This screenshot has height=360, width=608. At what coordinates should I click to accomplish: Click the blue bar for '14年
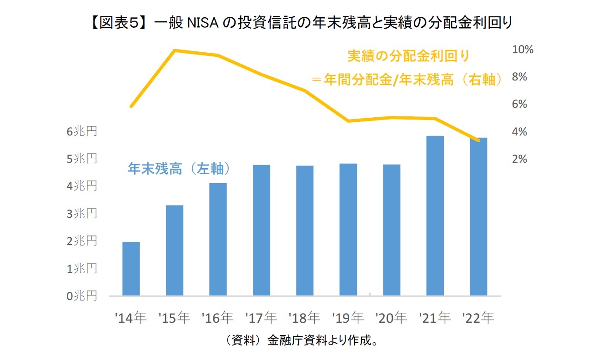(x=131, y=269)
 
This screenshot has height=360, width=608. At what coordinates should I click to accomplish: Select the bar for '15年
(x=175, y=250)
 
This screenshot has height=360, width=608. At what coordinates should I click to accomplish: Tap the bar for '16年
(x=218, y=240)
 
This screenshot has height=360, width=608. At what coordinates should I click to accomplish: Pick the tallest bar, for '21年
(x=435, y=216)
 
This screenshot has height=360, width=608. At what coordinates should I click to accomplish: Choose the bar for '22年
(x=478, y=217)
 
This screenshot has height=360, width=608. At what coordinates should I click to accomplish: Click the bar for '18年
(x=305, y=231)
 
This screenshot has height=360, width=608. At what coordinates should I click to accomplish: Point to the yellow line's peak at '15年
(x=175, y=50)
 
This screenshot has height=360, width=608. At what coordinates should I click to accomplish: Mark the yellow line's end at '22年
(x=478, y=140)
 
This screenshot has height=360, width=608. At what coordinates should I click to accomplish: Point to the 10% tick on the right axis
(x=523, y=50)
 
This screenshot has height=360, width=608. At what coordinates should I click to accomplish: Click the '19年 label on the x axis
(x=348, y=318)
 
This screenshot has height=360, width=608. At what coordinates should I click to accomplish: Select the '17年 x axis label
(x=261, y=318)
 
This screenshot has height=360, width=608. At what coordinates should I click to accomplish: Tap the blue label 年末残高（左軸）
(x=178, y=169)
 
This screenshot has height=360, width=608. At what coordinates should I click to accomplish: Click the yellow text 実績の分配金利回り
(x=408, y=56)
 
